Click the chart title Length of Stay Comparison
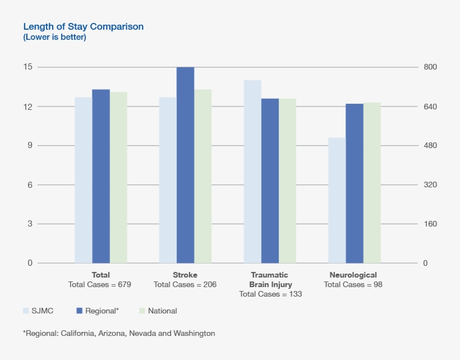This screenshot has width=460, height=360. click(84, 26)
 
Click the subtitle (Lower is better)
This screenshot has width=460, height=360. click(54, 38)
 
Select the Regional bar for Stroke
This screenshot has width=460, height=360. click(185, 165)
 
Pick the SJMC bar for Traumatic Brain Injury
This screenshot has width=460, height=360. click(252, 172)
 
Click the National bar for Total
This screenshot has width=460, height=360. click(118, 177)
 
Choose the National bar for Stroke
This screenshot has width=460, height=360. click(203, 176)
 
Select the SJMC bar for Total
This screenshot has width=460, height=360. click(84, 180)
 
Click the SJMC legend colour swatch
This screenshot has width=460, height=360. click(26, 311)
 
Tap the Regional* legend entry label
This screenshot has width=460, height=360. click(102, 311)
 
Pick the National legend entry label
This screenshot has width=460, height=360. click(162, 311)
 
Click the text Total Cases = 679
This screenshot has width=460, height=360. click(99, 284)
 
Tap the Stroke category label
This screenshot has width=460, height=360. click(185, 275)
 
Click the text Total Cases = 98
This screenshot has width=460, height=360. click(353, 284)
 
